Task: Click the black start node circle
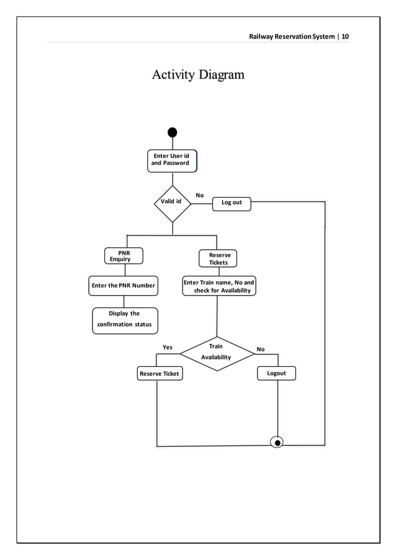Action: [x=173, y=132]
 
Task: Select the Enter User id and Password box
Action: [x=172, y=160]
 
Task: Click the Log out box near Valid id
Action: [x=232, y=203]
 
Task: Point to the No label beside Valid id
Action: [x=199, y=195]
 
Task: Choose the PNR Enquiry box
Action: [x=123, y=256]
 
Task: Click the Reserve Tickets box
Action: [x=218, y=258]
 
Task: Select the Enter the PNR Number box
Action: [x=123, y=285]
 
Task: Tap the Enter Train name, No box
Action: [x=218, y=286]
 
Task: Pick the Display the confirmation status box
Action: [x=125, y=320]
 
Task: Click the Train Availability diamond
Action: [x=217, y=353]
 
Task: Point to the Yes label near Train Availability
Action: [x=168, y=348]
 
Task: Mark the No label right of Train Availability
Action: [x=261, y=350]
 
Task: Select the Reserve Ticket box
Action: [x=160, y=374]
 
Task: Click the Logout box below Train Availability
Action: [x=276, y=373]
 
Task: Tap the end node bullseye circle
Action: [x=277, y=442]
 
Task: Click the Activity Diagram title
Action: [x=198, y=75]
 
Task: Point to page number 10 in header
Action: [x=345, y=37]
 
